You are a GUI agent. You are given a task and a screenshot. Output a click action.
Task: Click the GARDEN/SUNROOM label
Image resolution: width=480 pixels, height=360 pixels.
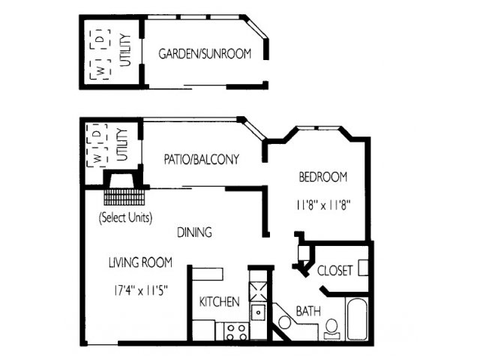click(205, 53)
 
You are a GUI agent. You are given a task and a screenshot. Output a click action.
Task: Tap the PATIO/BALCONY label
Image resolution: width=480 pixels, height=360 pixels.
click(202, 160)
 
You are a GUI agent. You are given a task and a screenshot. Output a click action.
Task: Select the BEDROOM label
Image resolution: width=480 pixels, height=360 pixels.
click(323, 177)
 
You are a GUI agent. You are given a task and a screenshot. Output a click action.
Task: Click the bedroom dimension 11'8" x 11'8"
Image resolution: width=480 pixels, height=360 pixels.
click(323, 205)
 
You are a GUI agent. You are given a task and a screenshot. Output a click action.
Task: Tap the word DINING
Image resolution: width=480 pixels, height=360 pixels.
click(194, 232)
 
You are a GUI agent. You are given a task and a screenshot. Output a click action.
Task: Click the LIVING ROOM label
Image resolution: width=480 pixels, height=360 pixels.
click(140, 262)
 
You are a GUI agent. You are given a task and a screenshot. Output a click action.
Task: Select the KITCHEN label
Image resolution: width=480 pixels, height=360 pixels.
click(219, 301)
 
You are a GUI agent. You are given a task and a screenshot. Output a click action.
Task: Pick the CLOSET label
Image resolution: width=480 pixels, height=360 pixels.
click(334, 271)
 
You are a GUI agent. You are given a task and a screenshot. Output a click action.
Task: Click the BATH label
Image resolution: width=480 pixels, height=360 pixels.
click(308, 311)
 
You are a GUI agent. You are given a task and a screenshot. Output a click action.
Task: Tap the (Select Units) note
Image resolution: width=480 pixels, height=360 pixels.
click(125, 217)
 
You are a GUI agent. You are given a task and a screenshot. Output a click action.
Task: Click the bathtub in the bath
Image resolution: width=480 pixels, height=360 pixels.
click(357, 319)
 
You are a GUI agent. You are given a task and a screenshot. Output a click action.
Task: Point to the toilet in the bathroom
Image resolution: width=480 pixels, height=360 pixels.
click(331, 329)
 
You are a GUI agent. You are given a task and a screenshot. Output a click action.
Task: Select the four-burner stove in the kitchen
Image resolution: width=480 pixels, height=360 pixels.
click(235, 331)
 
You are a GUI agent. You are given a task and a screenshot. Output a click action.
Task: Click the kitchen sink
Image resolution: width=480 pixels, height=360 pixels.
click(259, 312)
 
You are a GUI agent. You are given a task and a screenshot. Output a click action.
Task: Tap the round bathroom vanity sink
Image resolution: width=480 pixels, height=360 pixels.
click(285, 322)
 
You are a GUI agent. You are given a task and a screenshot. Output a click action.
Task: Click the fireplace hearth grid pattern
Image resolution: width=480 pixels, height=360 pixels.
click(124, 197)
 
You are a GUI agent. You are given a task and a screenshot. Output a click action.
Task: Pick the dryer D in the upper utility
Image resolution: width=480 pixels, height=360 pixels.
click(100, 39)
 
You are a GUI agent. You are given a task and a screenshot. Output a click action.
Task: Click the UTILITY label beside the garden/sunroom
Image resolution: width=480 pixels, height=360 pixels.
click(125, 50)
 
